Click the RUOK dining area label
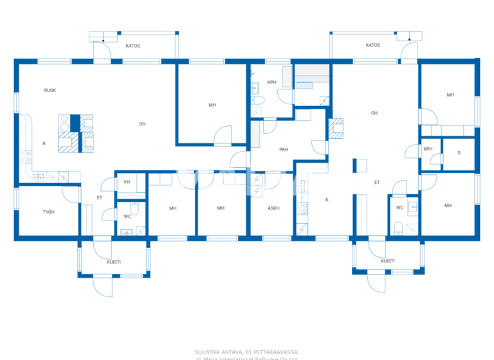pos(50,90)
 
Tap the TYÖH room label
pos(49,212)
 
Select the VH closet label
pos(127,183)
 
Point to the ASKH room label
pos(273,208)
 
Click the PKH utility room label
pos(284,150)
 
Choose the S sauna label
pos(459,152)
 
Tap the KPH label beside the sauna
pos(428,149)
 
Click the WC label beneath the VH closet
pos(127,216)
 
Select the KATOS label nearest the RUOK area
pos(133,46)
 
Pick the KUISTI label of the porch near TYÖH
pos(114,262)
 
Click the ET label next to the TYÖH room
pos(100,197)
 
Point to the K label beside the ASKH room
pos(327,200)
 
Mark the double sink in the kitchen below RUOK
pos(39,176)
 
